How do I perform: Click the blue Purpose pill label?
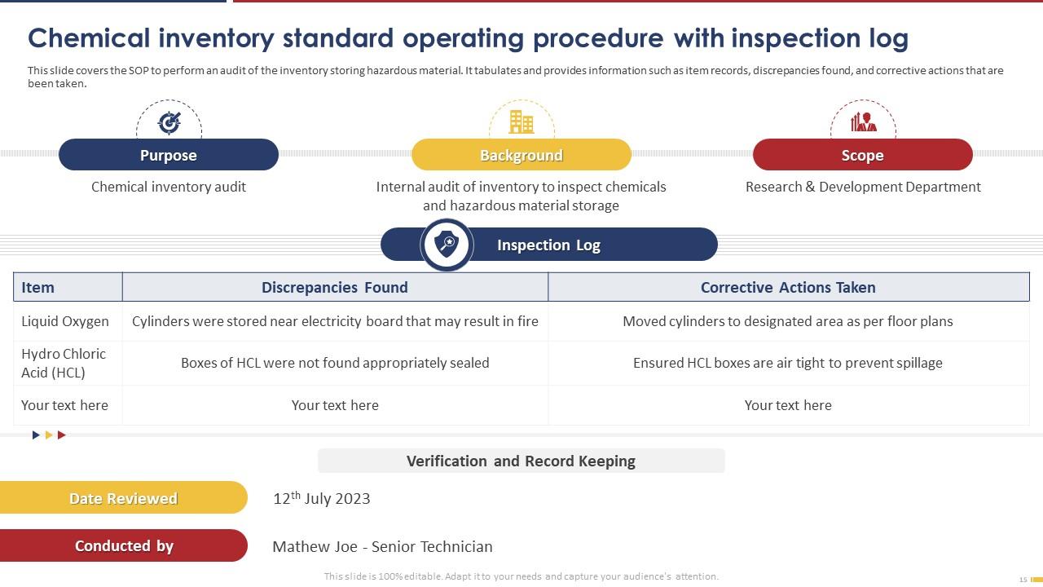[169, 155]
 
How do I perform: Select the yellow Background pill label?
[521, 155]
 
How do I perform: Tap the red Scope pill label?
[862, 155]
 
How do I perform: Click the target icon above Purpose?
[169, 122]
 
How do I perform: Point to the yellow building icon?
[521, 122]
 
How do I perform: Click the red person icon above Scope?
[863, 122]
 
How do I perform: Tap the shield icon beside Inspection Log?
[447, 245]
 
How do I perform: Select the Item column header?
[38, 287]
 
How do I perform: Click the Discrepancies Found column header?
[334, 287]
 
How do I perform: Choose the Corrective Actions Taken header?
[788, 287]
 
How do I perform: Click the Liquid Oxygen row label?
[65, 321]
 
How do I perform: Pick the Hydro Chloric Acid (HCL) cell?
[64, 363]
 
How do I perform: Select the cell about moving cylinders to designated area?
[788, 321]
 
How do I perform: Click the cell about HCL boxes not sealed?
[335, 363]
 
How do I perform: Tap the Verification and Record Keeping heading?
[521, 461]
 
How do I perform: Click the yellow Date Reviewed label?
[123, 498]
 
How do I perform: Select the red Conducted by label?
[124, 546]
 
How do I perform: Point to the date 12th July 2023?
[322, 498]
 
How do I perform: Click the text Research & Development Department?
[863, 187]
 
